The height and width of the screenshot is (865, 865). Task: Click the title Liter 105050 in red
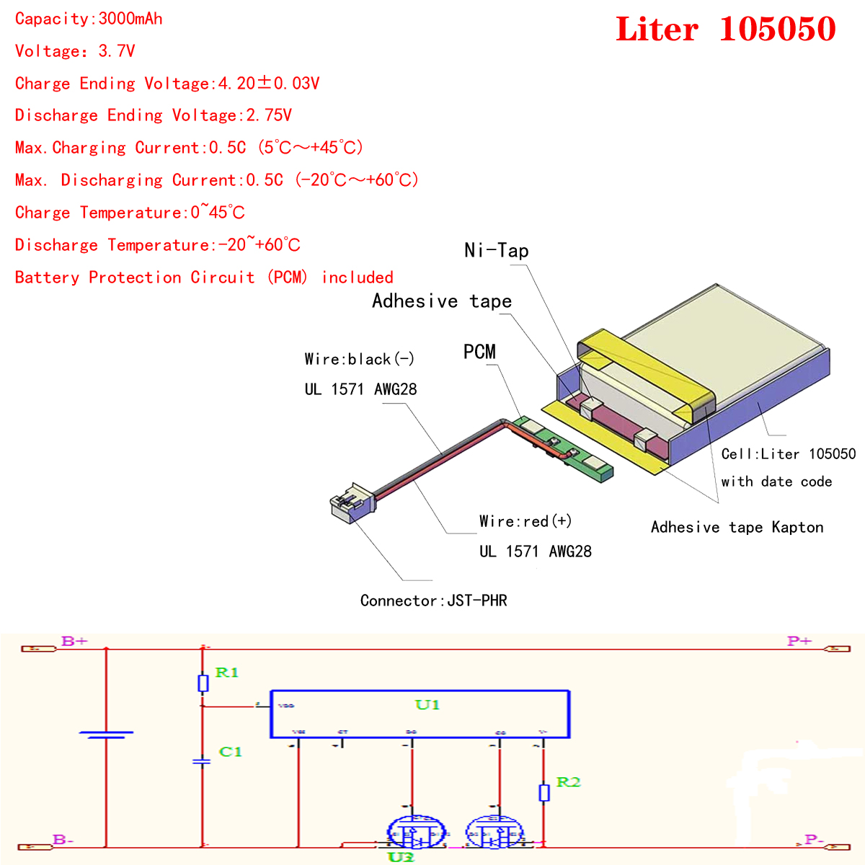725,30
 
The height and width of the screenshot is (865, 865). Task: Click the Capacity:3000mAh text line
89,19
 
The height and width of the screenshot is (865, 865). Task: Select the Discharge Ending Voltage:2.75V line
153,115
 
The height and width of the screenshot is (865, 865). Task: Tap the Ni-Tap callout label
497,251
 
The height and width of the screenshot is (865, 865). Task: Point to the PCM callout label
479,352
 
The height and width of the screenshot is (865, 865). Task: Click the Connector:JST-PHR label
433,600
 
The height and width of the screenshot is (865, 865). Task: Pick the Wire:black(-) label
359,359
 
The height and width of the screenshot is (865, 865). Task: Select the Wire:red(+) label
525,521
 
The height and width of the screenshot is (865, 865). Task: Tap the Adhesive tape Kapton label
737,527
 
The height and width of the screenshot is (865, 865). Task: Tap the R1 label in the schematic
226,673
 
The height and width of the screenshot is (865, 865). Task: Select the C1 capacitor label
230,752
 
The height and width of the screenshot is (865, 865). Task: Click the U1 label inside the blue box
427,704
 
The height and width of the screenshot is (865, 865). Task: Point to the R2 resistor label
568,782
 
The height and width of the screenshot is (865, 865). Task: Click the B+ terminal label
74,641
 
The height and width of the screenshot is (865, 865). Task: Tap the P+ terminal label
799,641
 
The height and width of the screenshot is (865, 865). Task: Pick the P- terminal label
814,840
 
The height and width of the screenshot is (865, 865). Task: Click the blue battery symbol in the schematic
106,735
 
